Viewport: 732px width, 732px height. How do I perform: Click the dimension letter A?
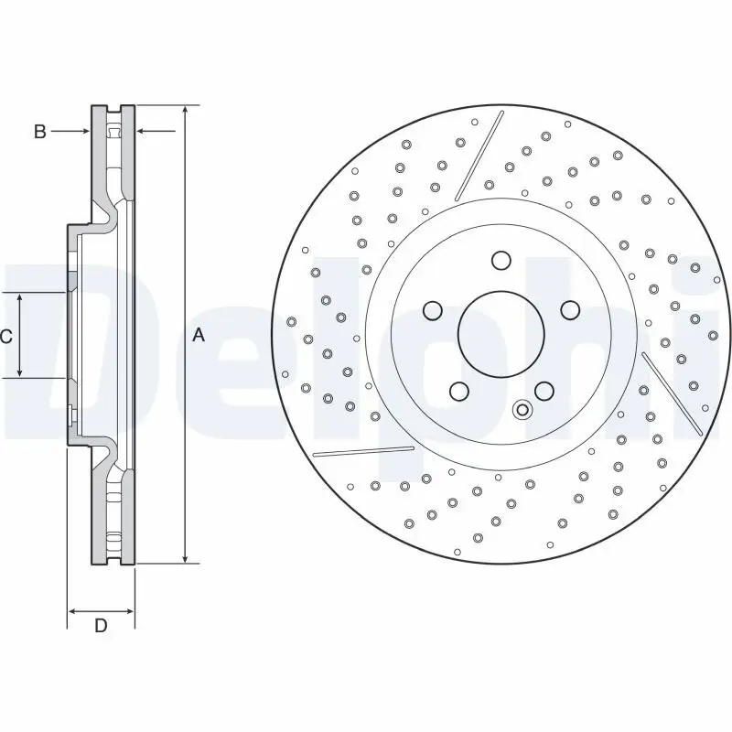[199, 336]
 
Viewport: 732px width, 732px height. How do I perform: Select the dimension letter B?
[39, 132]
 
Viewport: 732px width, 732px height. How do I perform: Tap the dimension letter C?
[6, 337]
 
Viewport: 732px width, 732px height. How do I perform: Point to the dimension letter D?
[102, 626]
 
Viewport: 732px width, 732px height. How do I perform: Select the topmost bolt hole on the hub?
[500, 261]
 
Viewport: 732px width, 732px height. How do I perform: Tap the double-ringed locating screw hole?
[522, 410]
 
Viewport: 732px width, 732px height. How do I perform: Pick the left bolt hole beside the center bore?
[433, 311]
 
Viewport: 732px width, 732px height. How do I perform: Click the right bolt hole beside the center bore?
[568, 309]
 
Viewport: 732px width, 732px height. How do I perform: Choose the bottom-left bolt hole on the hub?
[459, 392]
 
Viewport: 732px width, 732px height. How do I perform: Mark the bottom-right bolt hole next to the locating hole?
[544, 392]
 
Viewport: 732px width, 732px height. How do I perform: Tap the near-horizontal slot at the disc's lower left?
[363, 450]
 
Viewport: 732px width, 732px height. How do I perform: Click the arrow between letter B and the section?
[71, 132]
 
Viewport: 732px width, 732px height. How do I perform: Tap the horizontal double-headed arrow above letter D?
[102, 610]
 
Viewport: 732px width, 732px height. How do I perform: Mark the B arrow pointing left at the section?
[156, 132]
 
